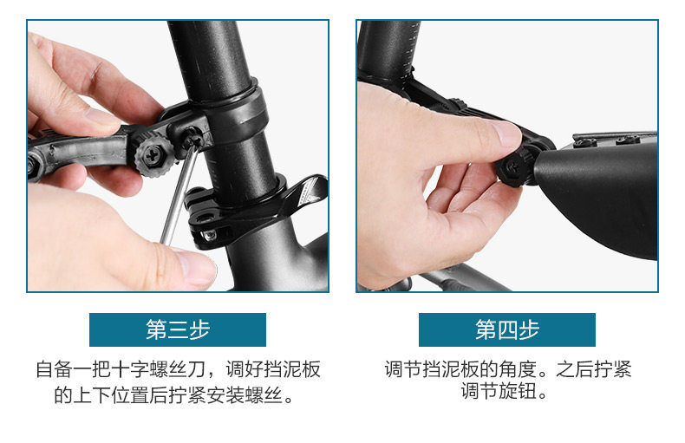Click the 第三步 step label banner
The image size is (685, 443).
point(178,329)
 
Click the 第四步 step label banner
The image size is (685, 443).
point(506,329)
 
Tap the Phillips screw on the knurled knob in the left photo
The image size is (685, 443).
point(153,155)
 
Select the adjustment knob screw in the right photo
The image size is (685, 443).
point(512,166)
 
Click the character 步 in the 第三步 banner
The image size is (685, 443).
point(200,329)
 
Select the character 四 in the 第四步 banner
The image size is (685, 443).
point(507,329)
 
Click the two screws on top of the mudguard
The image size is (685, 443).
point(606,141)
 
